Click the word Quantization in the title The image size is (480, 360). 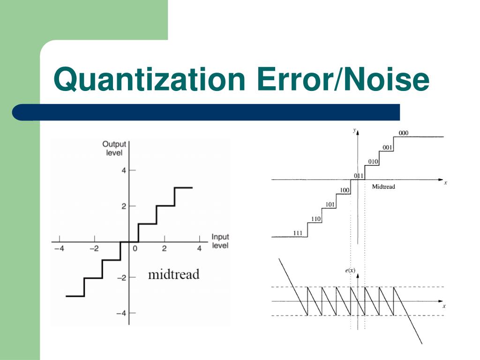click(150, 79)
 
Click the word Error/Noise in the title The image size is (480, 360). click(343, 79)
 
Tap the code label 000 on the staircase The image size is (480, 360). click(403, 133)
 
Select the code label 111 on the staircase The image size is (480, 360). click(297, 233)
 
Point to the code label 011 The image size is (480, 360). click(358, 176)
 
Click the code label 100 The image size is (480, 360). click(345, 190)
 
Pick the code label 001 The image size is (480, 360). click(387, 147)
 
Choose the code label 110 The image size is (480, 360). click(316, 219)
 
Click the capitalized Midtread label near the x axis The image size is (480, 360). click(383, 187)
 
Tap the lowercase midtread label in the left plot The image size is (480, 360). click(173, 274)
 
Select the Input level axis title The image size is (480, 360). click(220, 241)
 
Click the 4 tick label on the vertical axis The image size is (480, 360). click(124, 170)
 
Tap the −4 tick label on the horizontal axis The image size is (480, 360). click(59, 249)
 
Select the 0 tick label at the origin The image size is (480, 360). click(135, 249)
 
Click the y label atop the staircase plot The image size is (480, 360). click(354, 131)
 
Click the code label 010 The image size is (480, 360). click(373, 162)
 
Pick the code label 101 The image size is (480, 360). click(330, 204)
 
